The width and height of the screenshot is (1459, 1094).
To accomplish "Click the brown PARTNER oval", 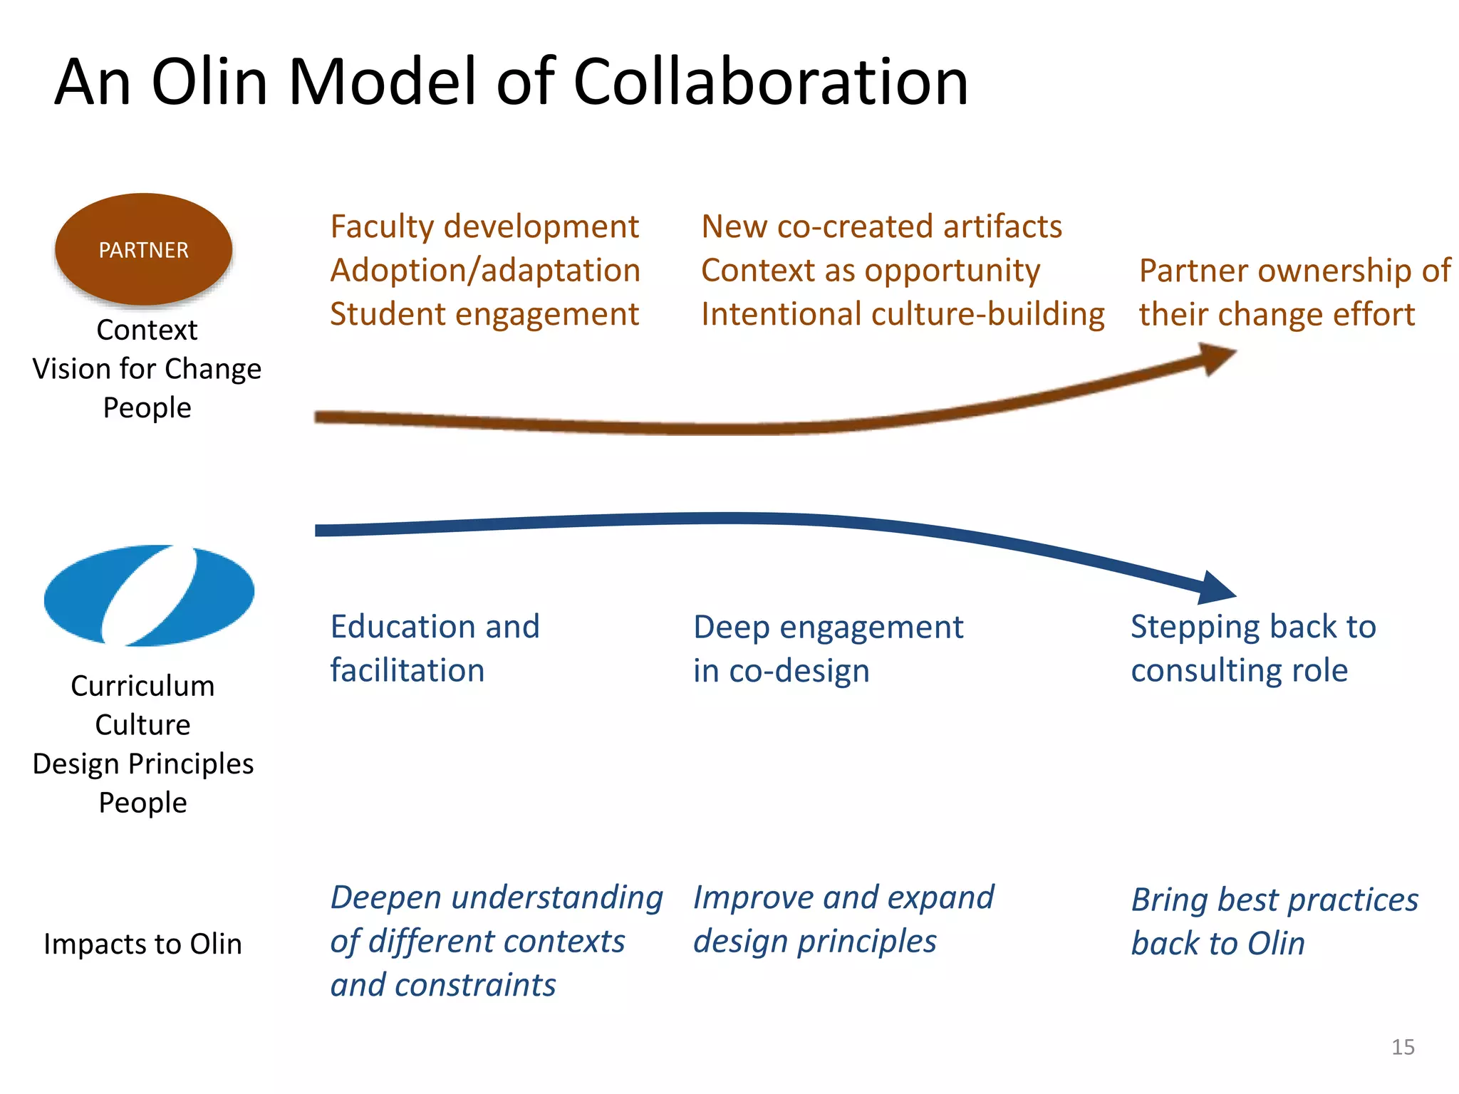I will point(143,249).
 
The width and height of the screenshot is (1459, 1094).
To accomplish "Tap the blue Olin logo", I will point(149,595).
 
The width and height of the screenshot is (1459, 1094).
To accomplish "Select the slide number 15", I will point(1402,1047).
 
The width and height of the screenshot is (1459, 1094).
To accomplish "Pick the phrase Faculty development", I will point(484,226).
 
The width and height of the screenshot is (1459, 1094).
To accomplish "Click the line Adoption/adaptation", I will point(485,271).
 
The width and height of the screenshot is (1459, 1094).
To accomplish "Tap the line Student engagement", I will point(484,314).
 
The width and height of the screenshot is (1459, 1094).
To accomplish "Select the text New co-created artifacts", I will point(881,226).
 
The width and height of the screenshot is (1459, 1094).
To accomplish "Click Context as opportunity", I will point(870,271).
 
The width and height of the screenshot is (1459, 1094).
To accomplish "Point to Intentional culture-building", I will point(903,314).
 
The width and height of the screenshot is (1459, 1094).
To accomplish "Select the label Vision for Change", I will point(147,369).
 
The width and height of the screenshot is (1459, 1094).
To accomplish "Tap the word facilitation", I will point(407,671).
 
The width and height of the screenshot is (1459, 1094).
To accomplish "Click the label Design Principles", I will point(142,764).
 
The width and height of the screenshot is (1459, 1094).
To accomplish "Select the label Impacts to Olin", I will point(142,944).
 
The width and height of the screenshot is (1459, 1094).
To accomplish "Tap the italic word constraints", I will point(474,986).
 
